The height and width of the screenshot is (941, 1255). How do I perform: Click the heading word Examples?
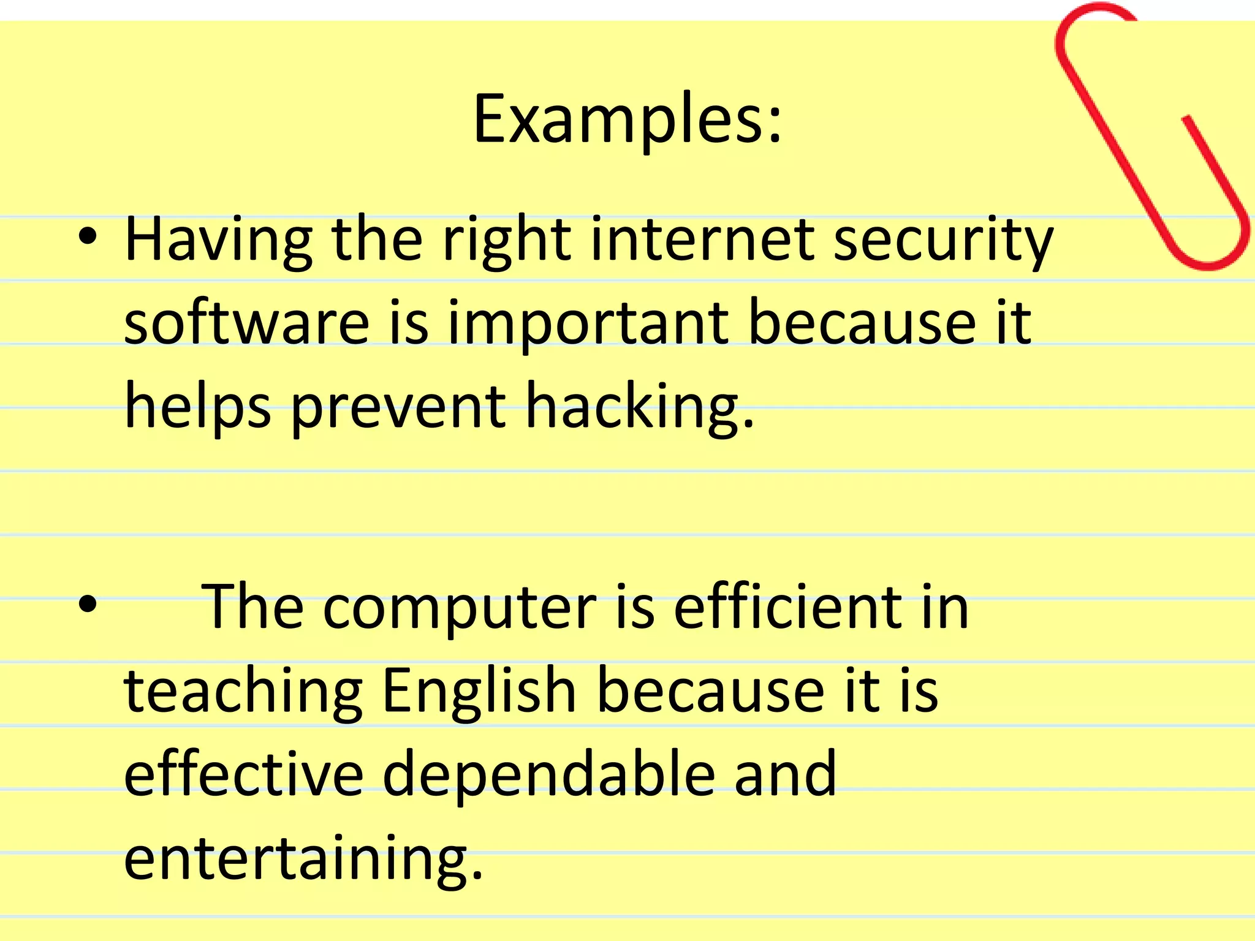[x=627, y=119]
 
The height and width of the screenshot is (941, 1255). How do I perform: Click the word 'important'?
[x=588, y=325]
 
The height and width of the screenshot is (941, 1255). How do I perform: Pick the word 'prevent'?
[x=398, y=407]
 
